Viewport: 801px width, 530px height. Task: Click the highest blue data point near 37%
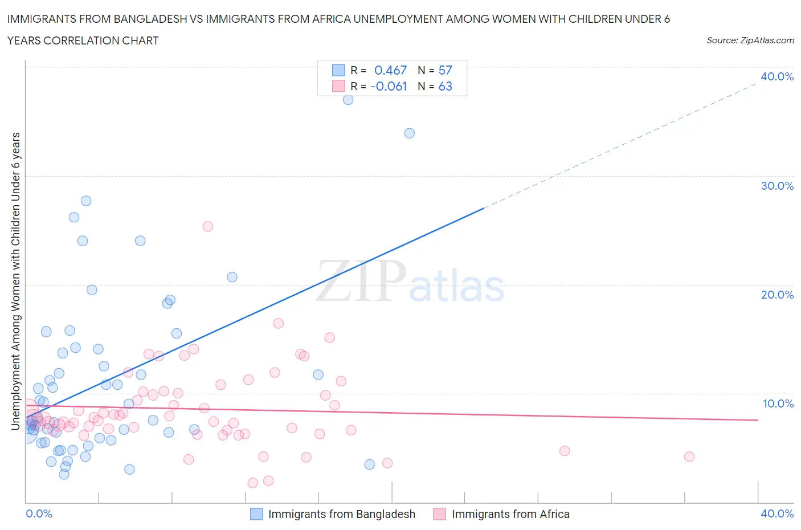click(x=348, y=100)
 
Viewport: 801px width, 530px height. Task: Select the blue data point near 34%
click(x=409, y=133)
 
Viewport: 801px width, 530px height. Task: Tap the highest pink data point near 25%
click(x=208, y=227)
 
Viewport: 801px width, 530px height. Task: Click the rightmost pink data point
click(x=689, y=456)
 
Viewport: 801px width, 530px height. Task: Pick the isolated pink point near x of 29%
click(x=564, y=451)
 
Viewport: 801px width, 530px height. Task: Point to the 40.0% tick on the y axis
click(x=777, y=76)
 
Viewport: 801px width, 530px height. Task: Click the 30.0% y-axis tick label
click(x=777, y=186)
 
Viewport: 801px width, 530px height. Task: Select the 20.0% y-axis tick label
click(x=777, y=295)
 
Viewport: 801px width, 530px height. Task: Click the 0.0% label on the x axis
click(x=39, y=513)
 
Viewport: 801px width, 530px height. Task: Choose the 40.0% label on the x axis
click(x=777, y=513)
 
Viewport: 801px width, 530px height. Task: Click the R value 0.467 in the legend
click(x=390, y=70)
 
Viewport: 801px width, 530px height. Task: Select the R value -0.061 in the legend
click(x=389, y=86)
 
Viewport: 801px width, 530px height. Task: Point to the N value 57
click(x=445, y=70)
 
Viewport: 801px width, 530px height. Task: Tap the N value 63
click(x=445, y=86)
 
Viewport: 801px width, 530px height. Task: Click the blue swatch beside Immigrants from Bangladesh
click(x=257, y=514)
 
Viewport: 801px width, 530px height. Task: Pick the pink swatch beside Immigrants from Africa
click(x=439, y=514)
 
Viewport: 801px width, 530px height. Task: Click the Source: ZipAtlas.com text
click(x=750, y=40)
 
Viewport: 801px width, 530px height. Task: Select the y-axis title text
click(x=15, y=281)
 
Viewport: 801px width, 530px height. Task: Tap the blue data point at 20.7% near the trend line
click(x=232, y=277)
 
